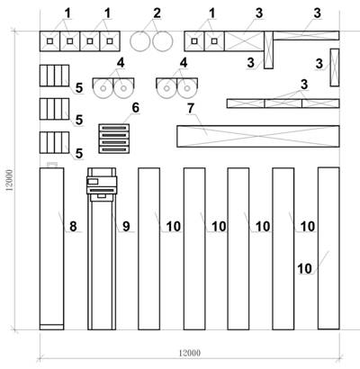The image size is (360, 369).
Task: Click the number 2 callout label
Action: pyautogui.click(x=157, y=13)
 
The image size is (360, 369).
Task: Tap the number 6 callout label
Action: pyautogui.click(x=136, y=108)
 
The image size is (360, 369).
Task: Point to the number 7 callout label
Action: pyautogui.click(x=191, y=109)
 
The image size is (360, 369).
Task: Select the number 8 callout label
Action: pyautogui.click(x=73, y=226)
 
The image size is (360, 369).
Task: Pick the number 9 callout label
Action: pyautogui.click(x=126, y=226)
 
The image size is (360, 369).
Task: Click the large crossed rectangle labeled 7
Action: pyautogui.click(x=258, y=136)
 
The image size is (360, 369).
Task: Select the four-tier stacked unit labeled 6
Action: pyautogui.click(x=114, y=139)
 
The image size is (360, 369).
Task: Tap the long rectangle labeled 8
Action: pyautogui.click(x=51, y=248)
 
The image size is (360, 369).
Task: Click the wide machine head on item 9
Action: pyautogui.click(x=102, y=185)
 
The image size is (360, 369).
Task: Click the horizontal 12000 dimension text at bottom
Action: pyautogui.click(x=190, y=353)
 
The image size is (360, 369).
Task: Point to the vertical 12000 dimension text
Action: pyautogui.click(x=10, y=180)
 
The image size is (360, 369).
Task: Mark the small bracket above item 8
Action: pyautogui.click(x=52, y=164)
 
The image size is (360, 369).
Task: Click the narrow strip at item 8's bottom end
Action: pyautogui.click(x=51, y=327)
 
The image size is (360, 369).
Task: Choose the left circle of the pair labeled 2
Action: pyautogui.click(x=140, y=41)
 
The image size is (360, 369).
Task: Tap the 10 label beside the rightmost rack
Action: pyautogui.click(x=305, y=268)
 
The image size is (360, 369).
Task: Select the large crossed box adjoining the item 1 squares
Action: pyautogui.click(x=244, y=41)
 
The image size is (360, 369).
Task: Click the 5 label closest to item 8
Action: pyautogui.click(x=79, y=154)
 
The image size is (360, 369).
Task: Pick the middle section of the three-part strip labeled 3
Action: pyautogui.click(x=283, y=103)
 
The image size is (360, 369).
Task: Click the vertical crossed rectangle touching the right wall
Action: pyautogui.click(x=335, y=67)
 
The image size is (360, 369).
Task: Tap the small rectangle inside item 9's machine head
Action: pyautogui.click(x=93, y=181)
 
